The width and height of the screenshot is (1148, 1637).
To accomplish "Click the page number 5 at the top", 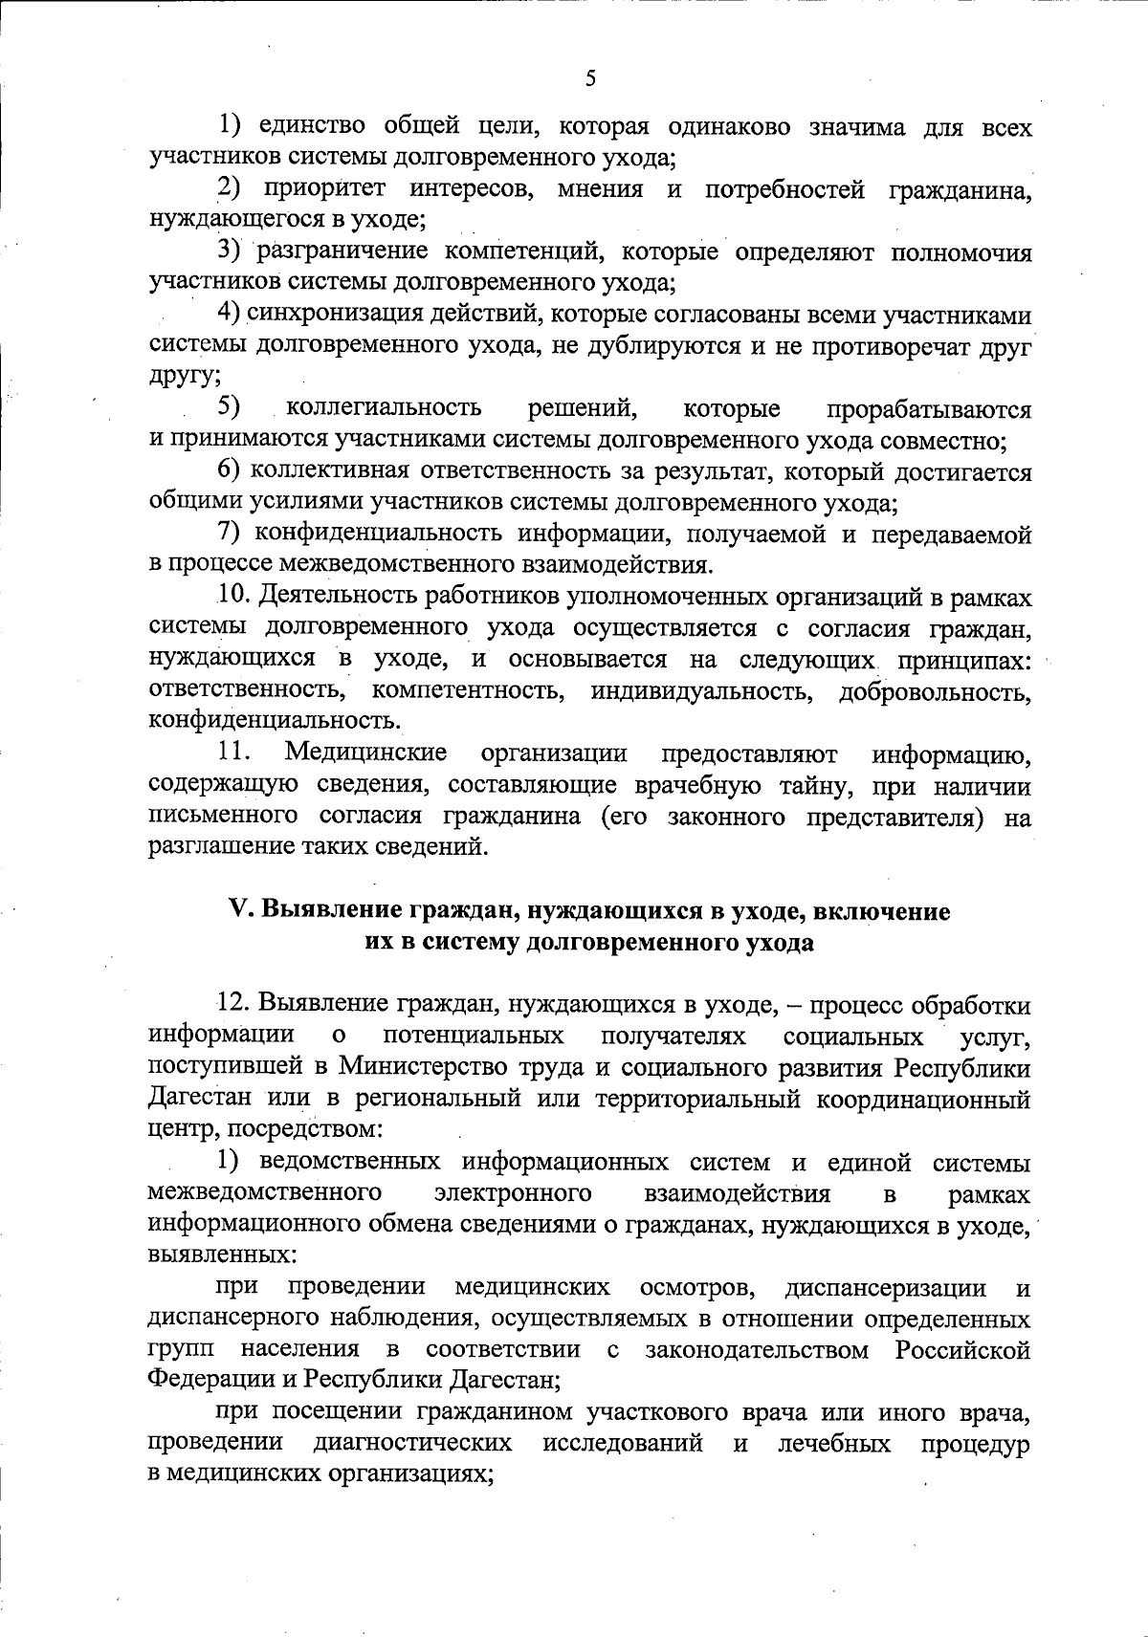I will click(x=589, y=78).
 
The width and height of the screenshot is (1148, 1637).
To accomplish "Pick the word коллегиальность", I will click(x=385, y=409).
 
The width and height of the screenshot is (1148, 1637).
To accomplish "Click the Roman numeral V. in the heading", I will click(x=240, y=911).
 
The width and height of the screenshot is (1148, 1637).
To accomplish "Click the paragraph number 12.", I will click(x=234, y=1005).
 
